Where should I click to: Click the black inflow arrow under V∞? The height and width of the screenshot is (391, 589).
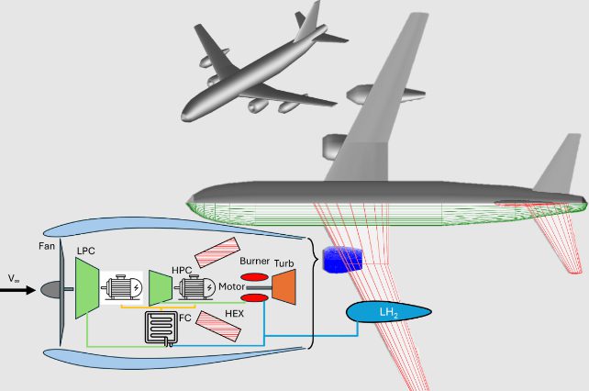[x=20, y=290]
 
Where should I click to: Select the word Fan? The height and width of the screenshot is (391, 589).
[x=48, y=246]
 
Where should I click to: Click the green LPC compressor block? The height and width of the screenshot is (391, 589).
[x=86, y=289]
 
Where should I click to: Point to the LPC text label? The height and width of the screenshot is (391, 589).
[x=87, y=251]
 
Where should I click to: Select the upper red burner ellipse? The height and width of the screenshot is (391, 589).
[x=254, y=277]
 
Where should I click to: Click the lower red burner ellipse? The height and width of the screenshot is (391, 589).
[x=254, y=297]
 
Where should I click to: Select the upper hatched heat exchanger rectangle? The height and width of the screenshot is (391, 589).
[x=216, y=253]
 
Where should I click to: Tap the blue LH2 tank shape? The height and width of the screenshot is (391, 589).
[x=388, y=313]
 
